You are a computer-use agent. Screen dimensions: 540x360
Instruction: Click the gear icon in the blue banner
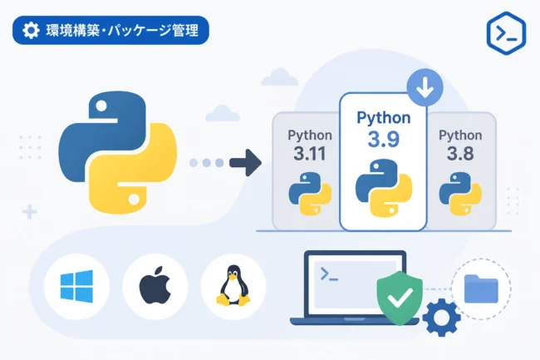[31, 30]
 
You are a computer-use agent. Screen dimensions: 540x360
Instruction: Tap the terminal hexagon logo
[506, 33]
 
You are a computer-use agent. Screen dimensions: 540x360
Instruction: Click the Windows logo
[76, 286]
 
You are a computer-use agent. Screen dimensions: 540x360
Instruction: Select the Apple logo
[155, 285]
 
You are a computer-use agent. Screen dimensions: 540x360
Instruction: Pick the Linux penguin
[233, 285]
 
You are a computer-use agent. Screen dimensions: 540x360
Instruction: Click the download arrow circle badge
[425, 87]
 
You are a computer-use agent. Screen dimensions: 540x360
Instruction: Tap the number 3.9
[383, 140]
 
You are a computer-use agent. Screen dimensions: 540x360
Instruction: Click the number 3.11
[310, 154]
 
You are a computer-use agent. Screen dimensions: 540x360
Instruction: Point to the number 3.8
[460, 154]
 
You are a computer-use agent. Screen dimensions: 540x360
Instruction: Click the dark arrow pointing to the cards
[246, 163]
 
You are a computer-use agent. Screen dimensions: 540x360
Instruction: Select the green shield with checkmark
[400, 298]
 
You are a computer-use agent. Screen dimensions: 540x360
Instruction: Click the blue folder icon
[481, 288]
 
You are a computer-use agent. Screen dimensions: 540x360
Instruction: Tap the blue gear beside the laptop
[441, 318]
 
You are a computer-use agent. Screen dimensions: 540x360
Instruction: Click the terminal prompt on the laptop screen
[329, 274]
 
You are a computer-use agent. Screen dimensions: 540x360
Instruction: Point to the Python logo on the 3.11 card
[310, 194]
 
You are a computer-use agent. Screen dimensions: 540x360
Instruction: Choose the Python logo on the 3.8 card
[460, 194]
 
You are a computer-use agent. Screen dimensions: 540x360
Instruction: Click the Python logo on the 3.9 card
[384, 188]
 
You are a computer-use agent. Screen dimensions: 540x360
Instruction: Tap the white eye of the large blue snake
[101, 106]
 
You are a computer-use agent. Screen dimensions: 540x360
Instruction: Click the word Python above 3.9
[384, 118]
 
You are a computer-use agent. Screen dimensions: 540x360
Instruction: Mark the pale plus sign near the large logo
[30, 212]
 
